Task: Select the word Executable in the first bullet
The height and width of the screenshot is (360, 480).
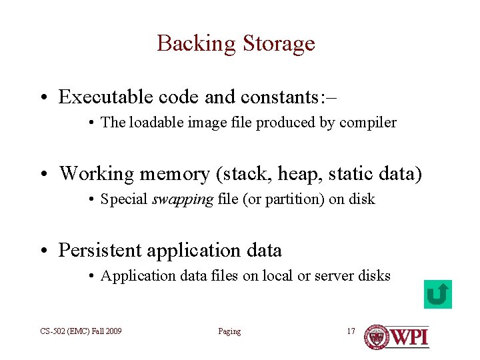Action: tap(106, 97)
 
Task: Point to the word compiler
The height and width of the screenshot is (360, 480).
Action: tap(370, 123)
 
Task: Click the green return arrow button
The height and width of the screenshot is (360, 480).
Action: tap(437, 294)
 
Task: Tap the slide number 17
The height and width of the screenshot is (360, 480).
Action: tap(351, 331)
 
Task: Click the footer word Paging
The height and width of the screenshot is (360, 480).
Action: tap(229, 331)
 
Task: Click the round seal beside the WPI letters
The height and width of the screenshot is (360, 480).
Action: tap(376, 337)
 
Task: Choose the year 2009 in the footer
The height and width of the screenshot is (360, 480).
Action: tap(112, 331)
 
